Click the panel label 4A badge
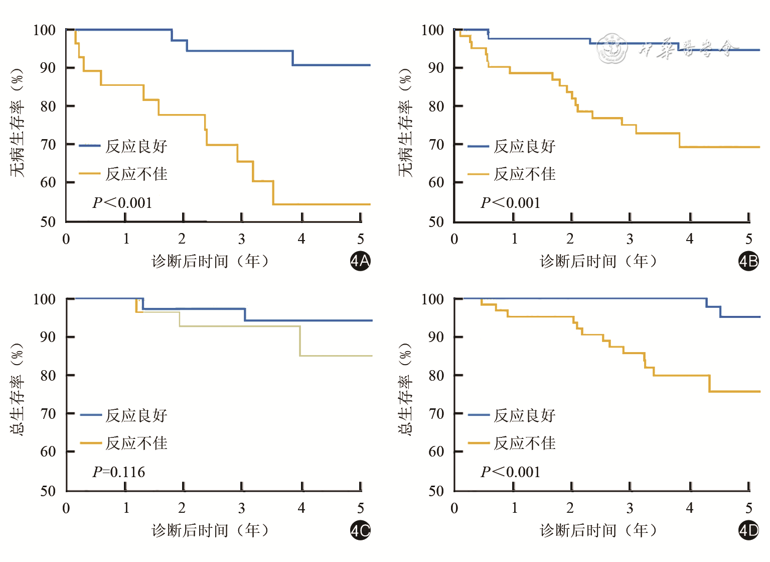tap(360, 261)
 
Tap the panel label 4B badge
tap(748, 261)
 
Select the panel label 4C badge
tap(360, 530)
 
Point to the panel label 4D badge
tap(748, 530)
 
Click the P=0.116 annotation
tap(119, 472)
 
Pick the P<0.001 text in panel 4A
tap(122, 203)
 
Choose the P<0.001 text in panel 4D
tap(511, 472)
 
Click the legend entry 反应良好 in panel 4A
tap(136, 146)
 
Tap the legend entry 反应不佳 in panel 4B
tap(524, 174)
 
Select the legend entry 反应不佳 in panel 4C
tap(136, 443)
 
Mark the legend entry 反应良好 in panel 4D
tap(524, 415)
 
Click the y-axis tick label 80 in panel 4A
tap(48, 106)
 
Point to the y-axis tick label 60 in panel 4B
tap(436, 182)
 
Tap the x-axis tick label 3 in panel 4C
tap(242, 508)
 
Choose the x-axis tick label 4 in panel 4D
tap(690, 508)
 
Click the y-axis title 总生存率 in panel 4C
tap(17, 390)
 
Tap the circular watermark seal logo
tap(612, 49)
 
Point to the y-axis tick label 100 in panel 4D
tap(432, 299)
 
